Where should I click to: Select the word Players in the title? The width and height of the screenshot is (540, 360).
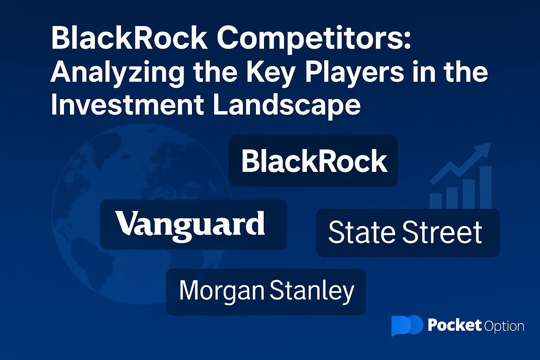tap(355, 73)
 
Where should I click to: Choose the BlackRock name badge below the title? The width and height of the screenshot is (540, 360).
tap(313, 161)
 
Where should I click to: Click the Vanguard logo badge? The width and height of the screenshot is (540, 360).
tap(193, 225)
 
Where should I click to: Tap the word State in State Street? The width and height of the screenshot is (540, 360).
tap(362, 232)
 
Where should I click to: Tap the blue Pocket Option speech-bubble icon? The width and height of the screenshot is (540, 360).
tap(407, 325)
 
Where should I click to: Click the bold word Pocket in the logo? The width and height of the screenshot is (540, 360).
tap(455, 325)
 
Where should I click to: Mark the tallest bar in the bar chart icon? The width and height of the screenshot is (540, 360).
tap(486, 187)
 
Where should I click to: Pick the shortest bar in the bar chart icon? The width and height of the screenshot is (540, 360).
tap(436, 201)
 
